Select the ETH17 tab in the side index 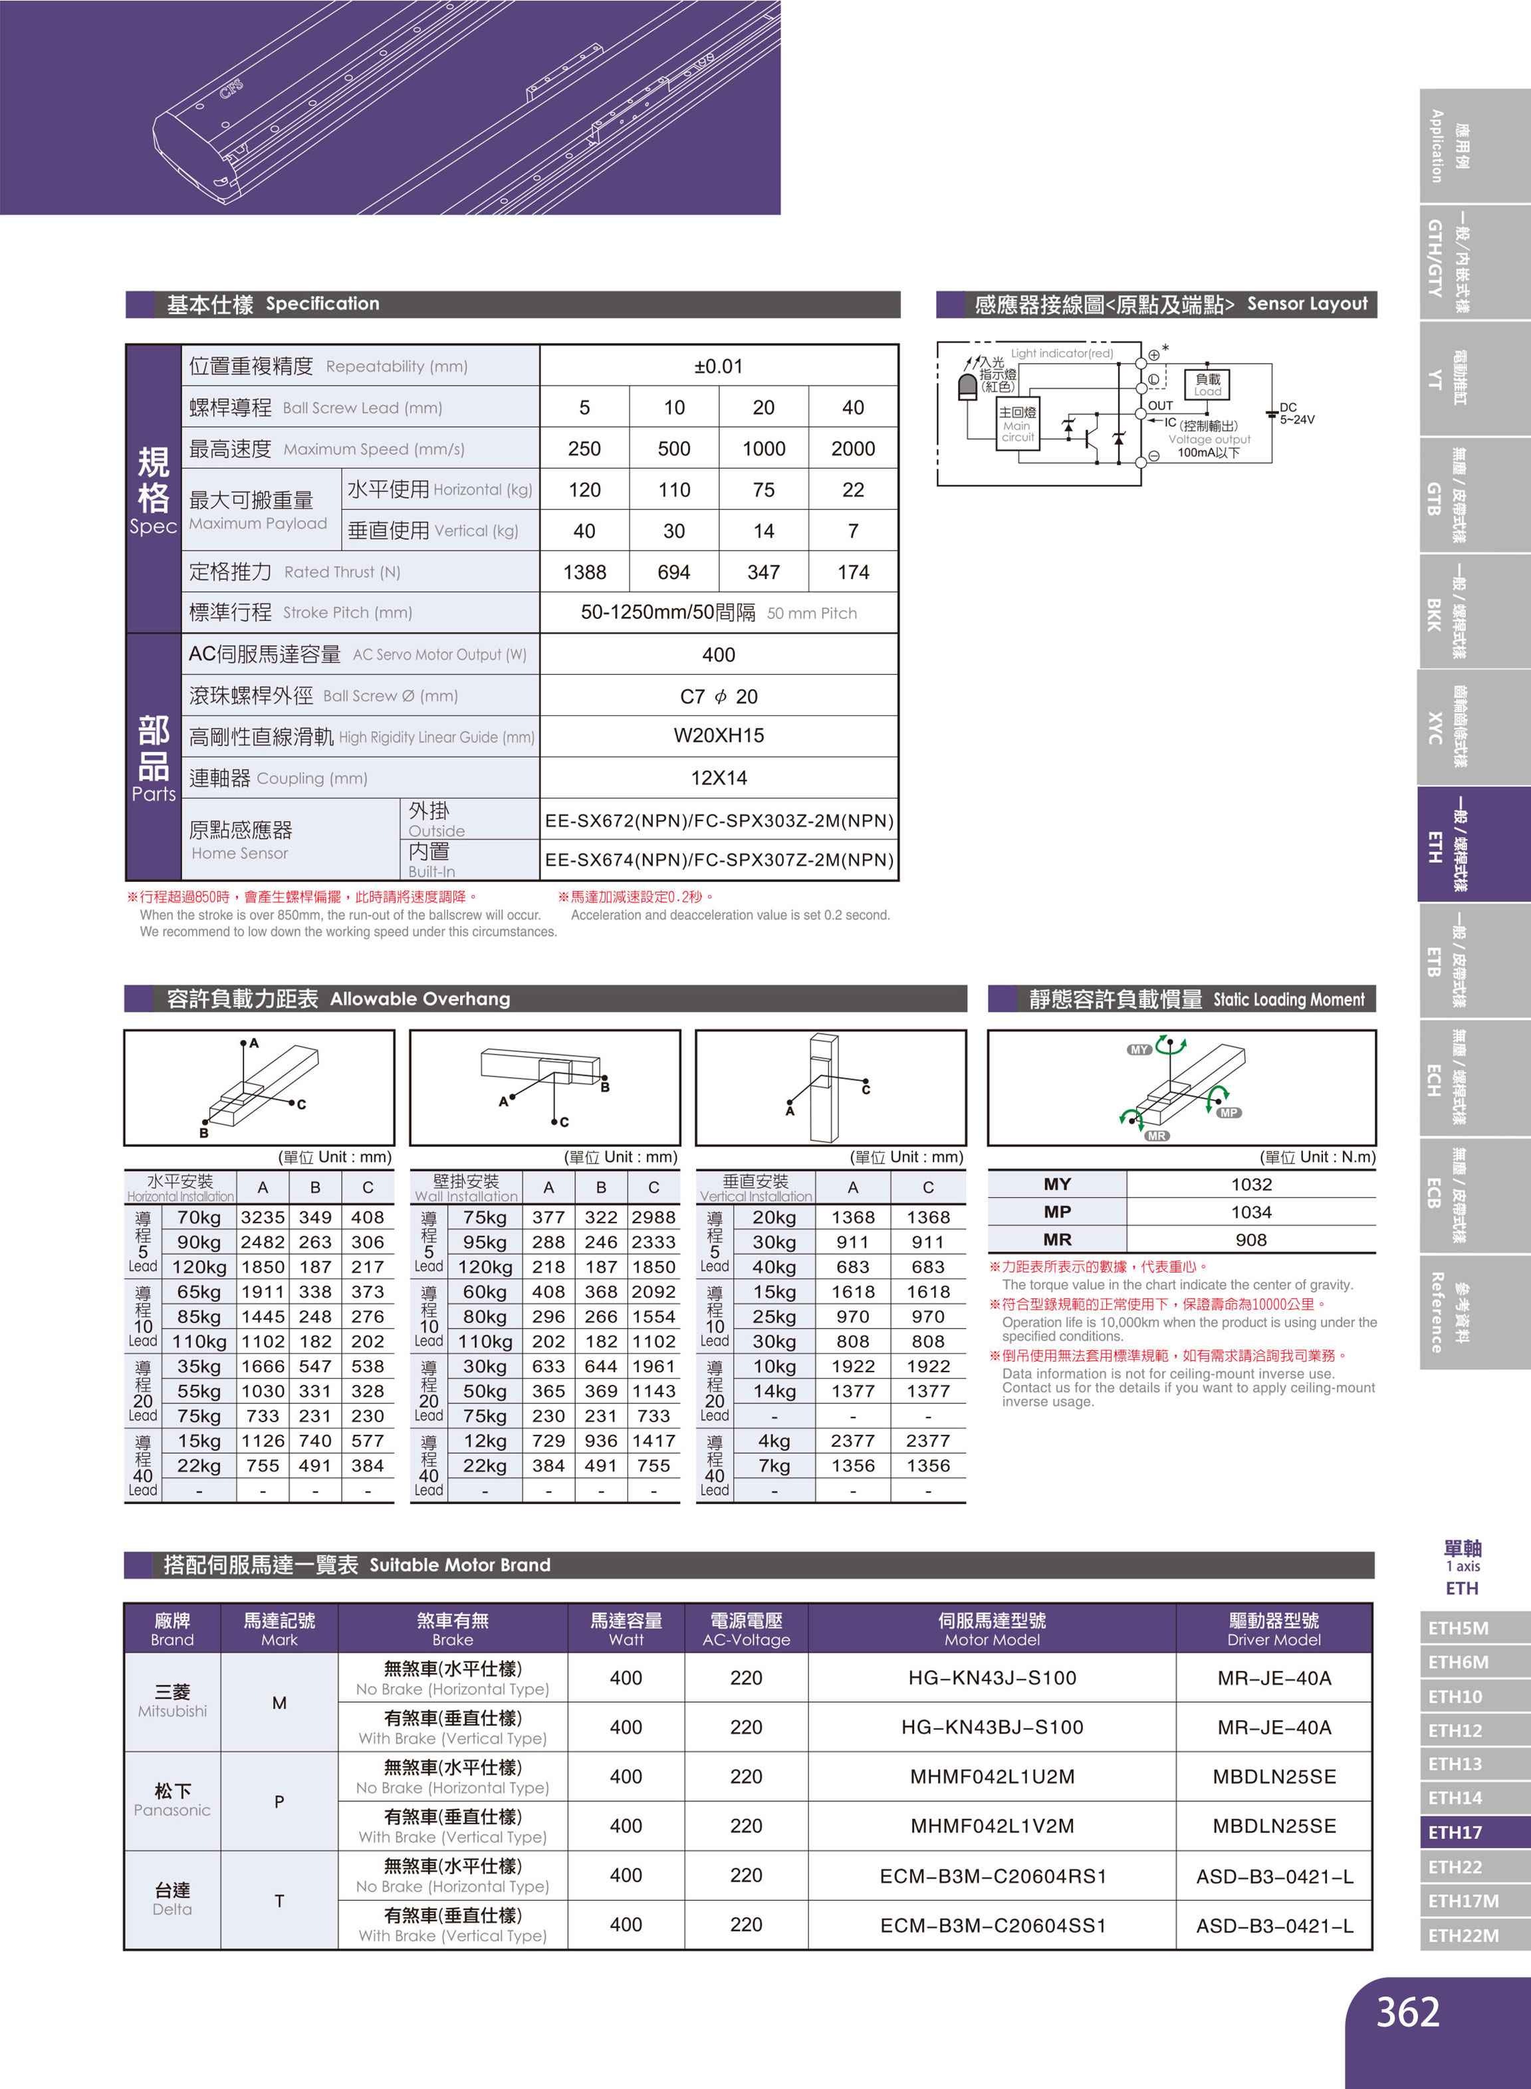(1455, 1832)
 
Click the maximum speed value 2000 (853, 449)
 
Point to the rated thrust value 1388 (585, 572)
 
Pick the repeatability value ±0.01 (718, 366)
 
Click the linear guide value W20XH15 (718, 736)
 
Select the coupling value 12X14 (718, 778)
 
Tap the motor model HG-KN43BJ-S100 (992, 1727)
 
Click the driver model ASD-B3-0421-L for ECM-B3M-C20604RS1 (1274, 1876)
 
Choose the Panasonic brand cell (172, 1800)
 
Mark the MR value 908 (1250, 1239)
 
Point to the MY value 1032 (1250, 1183)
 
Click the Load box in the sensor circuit (1207, 384)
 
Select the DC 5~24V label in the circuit (1296, 414)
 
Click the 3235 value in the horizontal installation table (263, 1217)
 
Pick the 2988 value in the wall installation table (653, 1217)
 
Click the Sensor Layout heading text (1307, 304)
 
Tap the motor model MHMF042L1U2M (992, 1776)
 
